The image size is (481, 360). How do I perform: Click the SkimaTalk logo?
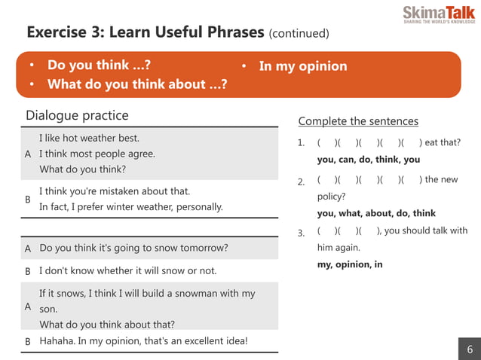(438, 14)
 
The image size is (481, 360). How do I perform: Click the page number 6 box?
(470, 349)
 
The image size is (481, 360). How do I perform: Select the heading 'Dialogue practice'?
(77, 115)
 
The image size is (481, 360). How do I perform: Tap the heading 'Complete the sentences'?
(358, 121)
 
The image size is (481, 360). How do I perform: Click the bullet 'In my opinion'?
(303, 66)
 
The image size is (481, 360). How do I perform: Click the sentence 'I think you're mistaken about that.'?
(115, 191)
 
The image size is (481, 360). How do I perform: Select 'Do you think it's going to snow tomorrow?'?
(133, 248)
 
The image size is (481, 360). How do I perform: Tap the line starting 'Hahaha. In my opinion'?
(143, 341)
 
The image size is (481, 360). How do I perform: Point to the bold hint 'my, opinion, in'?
(350, 264)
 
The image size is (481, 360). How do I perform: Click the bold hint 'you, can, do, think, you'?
(369, 160)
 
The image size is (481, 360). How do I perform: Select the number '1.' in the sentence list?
(301, 143)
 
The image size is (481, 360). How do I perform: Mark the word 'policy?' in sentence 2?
(331, 197)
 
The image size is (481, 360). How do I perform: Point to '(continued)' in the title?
(299, 34)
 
